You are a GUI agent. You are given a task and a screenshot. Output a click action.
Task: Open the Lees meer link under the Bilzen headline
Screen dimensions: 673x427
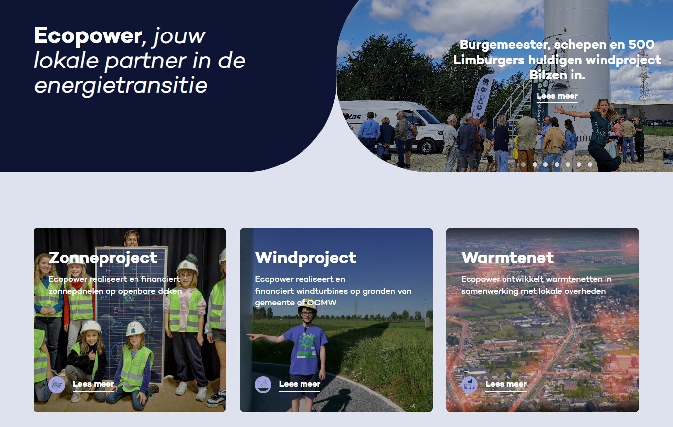557,96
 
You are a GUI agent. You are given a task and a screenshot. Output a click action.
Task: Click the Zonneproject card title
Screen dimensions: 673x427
103,258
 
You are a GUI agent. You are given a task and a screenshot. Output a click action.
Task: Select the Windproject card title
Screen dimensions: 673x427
305,258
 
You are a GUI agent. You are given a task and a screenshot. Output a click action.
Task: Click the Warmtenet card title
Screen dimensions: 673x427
507,258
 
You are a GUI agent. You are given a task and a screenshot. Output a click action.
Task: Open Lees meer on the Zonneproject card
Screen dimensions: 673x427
94,384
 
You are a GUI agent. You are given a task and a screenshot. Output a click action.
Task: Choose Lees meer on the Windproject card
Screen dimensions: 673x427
300,384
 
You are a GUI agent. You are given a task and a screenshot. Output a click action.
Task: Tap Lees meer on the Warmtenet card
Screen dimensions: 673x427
506,384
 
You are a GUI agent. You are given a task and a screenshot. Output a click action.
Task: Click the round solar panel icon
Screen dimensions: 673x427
57,384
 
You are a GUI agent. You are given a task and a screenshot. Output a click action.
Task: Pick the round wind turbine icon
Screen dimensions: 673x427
263,384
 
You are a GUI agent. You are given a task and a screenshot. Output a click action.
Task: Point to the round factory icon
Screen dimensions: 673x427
470,384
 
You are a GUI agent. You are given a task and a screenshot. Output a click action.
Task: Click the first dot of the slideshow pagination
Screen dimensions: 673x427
524,164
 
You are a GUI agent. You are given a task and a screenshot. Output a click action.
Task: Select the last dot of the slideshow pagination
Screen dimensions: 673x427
590,164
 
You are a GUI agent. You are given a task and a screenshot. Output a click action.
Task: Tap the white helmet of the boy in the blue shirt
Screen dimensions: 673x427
307,305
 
